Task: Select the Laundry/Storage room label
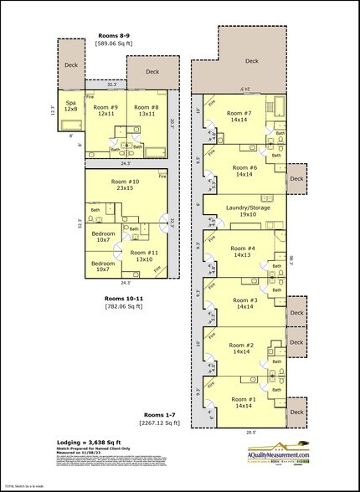coord(243,210)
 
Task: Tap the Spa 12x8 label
coord(71,105)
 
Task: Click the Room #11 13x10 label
coord(144,256)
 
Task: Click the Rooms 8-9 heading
coord(115,36)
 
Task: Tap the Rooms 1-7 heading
coord(161,415)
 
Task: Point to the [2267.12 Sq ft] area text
coord(161,423)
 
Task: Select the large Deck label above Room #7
coord(251,60)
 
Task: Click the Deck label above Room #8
coord(152,72)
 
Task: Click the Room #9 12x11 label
coord(105,110)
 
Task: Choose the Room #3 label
coord(243,303)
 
